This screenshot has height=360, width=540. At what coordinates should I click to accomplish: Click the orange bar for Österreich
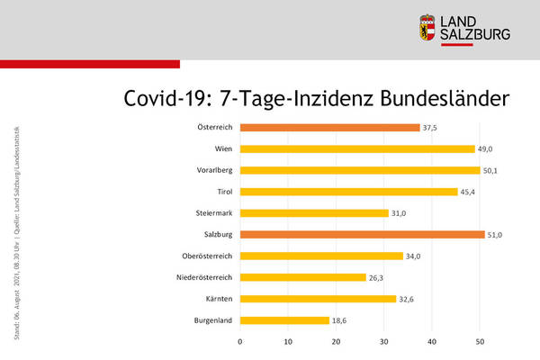[329, 128]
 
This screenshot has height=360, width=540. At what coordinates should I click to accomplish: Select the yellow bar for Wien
[357, 149]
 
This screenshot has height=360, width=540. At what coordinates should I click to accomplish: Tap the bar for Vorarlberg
[360, 170]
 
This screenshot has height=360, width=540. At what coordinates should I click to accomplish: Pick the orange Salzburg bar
[362, 235]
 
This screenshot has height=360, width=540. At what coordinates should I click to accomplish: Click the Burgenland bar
[284, 320]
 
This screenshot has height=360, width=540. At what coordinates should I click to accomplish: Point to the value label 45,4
[469, 192]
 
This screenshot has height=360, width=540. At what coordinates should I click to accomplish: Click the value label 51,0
[496, 235]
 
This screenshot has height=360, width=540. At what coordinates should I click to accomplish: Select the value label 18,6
[340, 320]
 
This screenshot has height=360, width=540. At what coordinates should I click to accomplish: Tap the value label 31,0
[400, 213]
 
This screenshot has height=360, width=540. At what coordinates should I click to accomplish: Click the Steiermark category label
[215, 213]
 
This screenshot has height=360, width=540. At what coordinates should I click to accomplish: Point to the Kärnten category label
[221, 299]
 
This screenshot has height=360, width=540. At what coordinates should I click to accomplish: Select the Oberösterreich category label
[209, 256]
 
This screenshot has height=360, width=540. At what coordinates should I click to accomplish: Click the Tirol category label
[226, 192]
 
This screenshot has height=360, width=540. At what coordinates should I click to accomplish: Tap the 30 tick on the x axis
[384, 342]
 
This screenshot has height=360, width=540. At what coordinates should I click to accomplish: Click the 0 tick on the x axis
[240, 342]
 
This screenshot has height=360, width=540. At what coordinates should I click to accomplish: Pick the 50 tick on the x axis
[480, 342]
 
